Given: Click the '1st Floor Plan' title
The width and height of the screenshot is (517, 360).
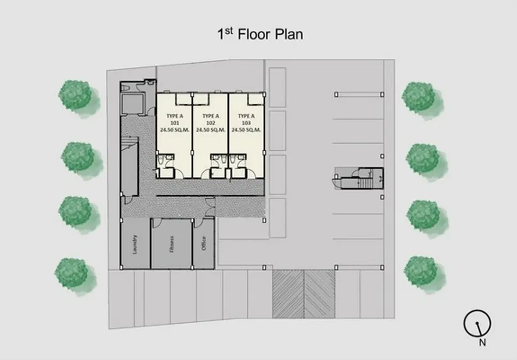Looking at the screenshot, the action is tap(260, 34).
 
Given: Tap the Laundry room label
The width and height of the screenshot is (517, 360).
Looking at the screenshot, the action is tap(135, 244).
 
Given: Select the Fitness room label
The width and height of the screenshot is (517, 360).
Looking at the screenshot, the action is tap(171, 244).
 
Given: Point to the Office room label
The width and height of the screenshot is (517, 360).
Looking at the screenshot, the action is tap(204, 243).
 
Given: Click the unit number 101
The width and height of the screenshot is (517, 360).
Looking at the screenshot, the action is tap(175, 123).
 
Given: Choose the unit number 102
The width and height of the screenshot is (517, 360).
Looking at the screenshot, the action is tap(211, 123).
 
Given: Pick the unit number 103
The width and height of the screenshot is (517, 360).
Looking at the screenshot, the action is tap(246, 123).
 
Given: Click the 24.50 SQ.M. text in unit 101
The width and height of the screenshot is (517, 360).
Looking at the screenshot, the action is tap(175, 130).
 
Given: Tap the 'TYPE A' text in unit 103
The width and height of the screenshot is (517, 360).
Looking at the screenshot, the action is tap(246, 116).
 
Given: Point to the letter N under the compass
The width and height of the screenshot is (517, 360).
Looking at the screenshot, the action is tap(482, 342).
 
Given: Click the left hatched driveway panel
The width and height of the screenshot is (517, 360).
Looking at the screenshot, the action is tap(288, 294).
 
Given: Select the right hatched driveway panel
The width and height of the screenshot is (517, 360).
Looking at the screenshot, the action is tap(320, 294).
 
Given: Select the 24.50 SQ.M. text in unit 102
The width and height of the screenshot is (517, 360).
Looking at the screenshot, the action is tap(211, 130).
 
